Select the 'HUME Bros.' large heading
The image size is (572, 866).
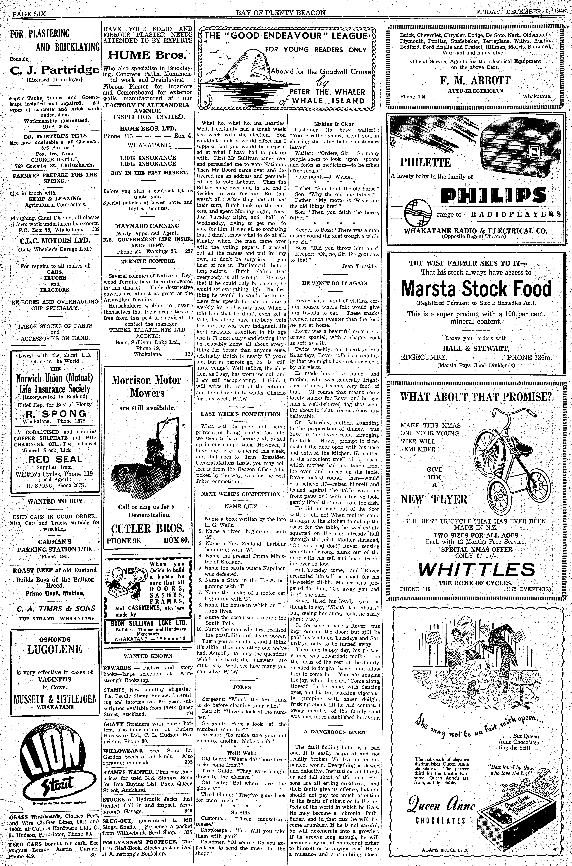coord(147,55)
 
